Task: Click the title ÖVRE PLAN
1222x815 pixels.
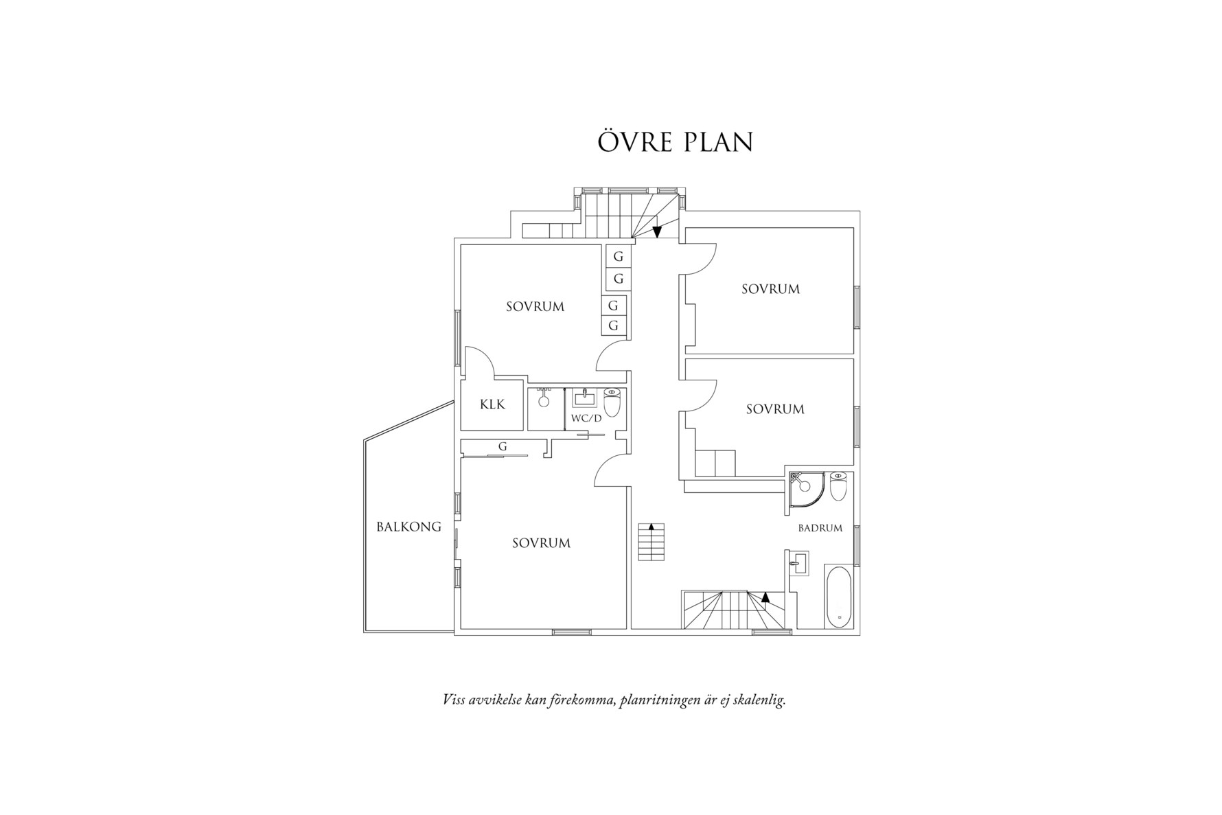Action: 675,141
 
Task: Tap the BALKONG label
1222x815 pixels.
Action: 408,527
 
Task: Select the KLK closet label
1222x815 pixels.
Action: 492,404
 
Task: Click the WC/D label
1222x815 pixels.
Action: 586,418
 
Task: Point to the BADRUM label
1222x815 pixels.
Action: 820,528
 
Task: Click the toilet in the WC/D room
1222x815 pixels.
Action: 612,402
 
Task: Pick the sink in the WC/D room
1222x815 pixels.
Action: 584,398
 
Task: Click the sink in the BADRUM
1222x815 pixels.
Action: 797,563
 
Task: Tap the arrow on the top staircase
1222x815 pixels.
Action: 657,231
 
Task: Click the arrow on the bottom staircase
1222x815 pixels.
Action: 766,597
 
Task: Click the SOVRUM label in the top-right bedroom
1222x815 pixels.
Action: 770,289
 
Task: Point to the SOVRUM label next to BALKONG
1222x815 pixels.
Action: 541,543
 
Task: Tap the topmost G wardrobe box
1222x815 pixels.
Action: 619,256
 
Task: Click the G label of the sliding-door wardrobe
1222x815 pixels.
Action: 503,446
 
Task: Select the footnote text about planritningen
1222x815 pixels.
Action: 614,701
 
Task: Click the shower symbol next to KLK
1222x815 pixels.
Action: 544,400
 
